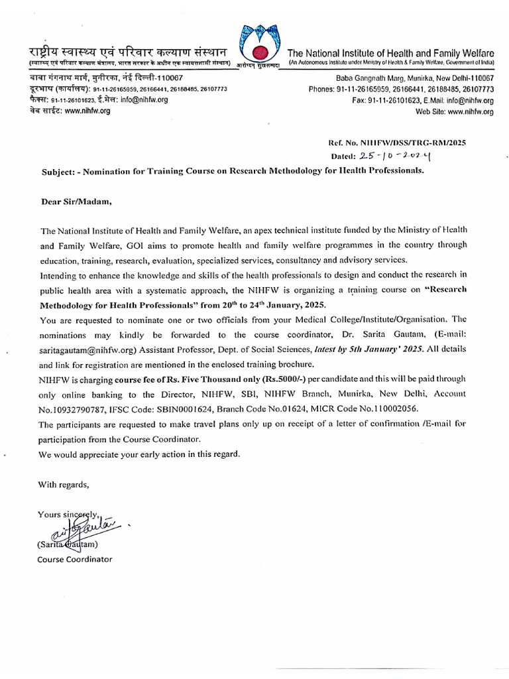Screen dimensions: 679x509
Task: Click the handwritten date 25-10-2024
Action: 393,156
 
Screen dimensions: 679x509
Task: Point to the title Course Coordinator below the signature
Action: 75,559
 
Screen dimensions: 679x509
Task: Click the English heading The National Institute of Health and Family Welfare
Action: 390,53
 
